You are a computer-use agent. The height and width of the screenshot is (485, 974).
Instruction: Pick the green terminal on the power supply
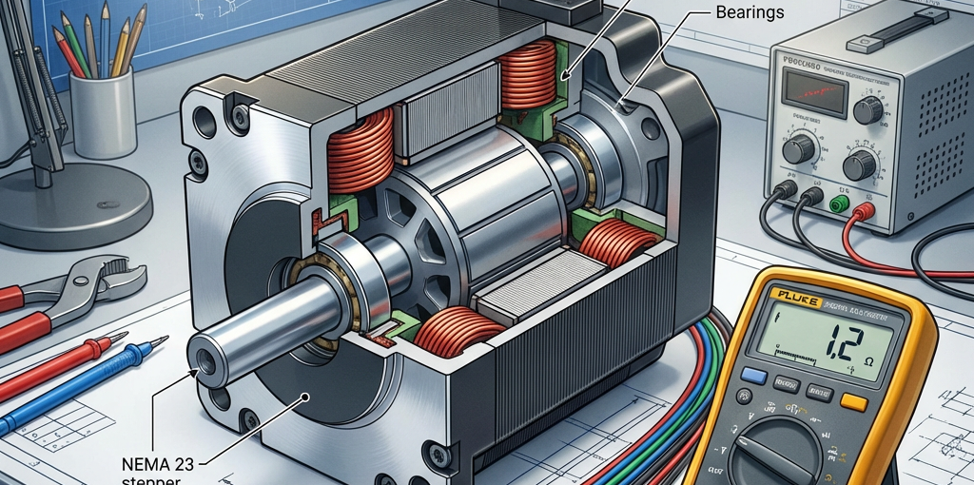pyautogui.click(x=838, y=204)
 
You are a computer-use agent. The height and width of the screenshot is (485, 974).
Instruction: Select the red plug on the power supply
pyautogui.click(x=865, y=209)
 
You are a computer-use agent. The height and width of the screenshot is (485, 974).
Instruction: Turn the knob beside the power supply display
pyautogui.click(x=867, y=111)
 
